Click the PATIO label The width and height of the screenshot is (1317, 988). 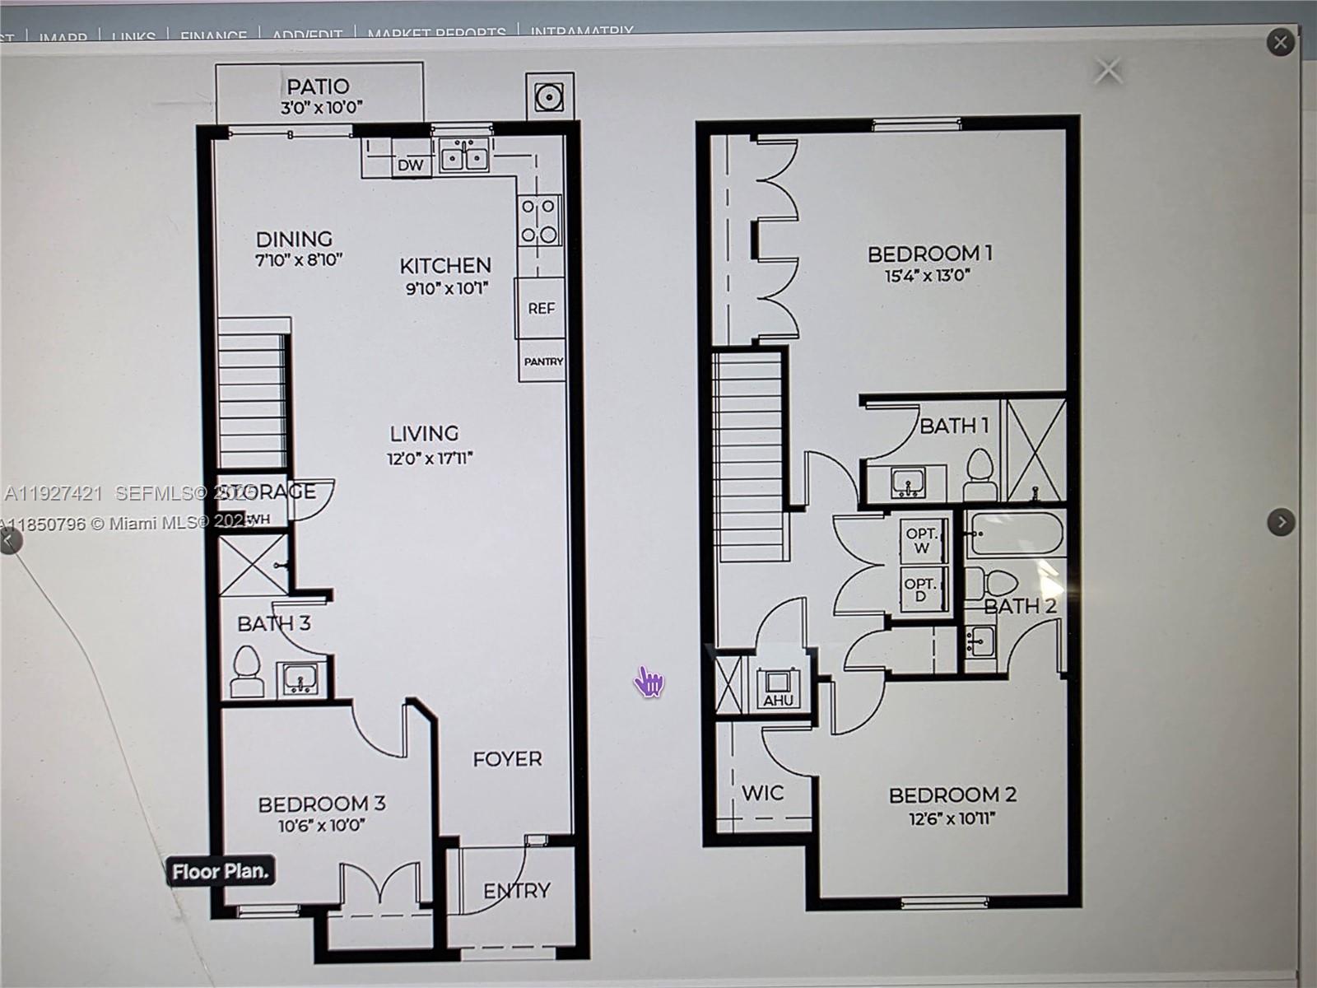point(318,86)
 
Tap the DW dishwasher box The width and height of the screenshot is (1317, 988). point(410,165)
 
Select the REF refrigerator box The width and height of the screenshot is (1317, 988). point(541,308)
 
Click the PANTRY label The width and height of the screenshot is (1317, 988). point(543,361)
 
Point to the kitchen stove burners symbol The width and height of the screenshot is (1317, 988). point(539,221)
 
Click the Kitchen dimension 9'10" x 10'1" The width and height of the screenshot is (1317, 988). point(447,288)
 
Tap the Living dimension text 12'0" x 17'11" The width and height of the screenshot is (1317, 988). point(430,458)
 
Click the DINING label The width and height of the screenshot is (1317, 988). point(294,239)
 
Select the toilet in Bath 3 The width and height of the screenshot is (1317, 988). point(246,670)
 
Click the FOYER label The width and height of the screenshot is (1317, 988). point(507,758)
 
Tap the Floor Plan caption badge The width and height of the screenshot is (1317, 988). point(220,871)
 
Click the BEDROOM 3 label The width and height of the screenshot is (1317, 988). point(321,803)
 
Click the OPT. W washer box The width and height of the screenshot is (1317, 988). point(921,540)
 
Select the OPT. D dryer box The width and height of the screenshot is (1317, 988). point(919,590)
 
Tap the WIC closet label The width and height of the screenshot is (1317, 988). point(762,793)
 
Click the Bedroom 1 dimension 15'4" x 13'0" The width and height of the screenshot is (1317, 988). point(928,276)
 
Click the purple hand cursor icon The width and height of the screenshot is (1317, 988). point(649,682)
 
